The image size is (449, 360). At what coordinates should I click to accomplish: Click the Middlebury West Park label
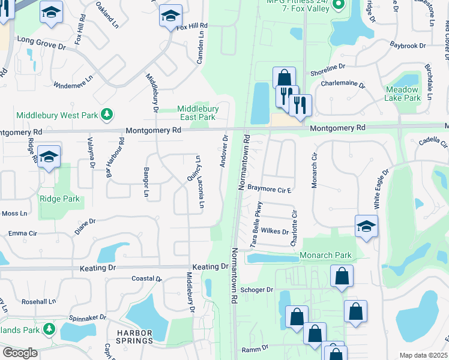57,115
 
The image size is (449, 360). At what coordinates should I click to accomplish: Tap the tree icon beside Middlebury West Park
106,114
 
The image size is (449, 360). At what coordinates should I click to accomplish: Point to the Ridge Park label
59,199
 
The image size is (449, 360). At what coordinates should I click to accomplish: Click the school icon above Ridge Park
49,156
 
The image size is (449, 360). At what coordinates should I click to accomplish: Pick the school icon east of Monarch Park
366,226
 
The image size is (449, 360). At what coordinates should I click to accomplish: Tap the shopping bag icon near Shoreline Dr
284,77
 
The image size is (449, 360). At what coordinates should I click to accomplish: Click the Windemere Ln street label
73,82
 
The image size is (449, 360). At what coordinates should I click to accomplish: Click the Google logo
19,353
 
